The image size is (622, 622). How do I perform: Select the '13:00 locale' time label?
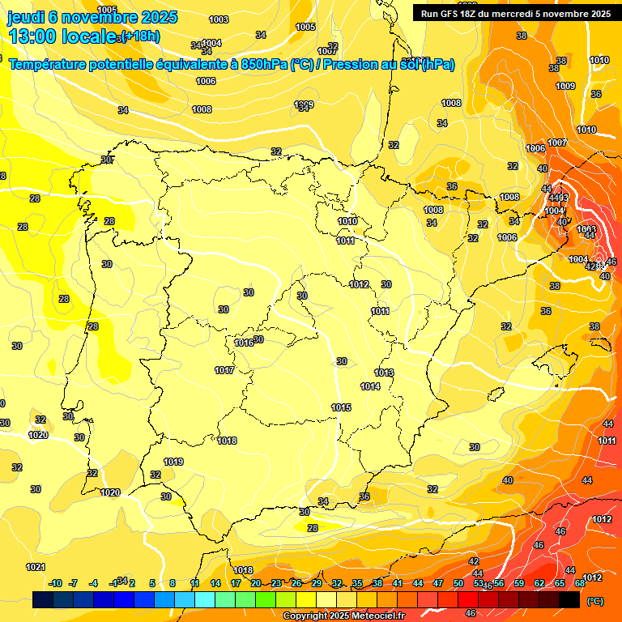(x=61, y=36)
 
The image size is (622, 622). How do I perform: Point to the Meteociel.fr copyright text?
(x=344, y=616)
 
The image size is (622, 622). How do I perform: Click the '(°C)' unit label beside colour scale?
(x=595, y=601)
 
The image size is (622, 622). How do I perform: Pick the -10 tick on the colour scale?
(x=55, y=584)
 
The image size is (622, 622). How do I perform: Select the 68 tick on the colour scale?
(x=580, y=584)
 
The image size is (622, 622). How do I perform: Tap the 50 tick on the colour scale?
(x=458, y=584)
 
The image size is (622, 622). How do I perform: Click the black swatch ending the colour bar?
(x=569, y=599)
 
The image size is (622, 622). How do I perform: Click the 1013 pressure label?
(x=384, y=373)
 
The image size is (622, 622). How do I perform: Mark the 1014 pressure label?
(x=370, y=387)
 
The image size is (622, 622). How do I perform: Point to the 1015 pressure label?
(x=341, y=407)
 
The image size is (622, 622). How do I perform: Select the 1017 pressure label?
(x=224, y=370)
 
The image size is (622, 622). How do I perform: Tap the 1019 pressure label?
(x=173, y=462)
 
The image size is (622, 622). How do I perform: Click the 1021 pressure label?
(x=36, y=567)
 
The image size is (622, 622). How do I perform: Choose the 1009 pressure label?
(x=565, y=86)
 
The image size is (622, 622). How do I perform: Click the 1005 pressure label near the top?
(x=306, y=27)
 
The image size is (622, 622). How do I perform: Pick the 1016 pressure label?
(x=244, y=343)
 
